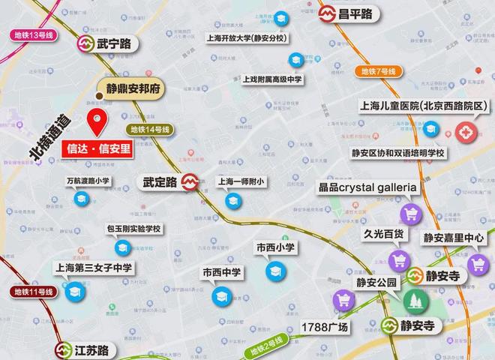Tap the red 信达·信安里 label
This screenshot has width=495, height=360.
point(96,148)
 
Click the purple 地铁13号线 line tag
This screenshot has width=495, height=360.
point(34,35)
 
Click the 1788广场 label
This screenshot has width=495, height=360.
point(325,328)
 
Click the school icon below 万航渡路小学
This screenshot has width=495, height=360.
point(82,199)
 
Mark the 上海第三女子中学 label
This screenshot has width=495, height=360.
point(93,267)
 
